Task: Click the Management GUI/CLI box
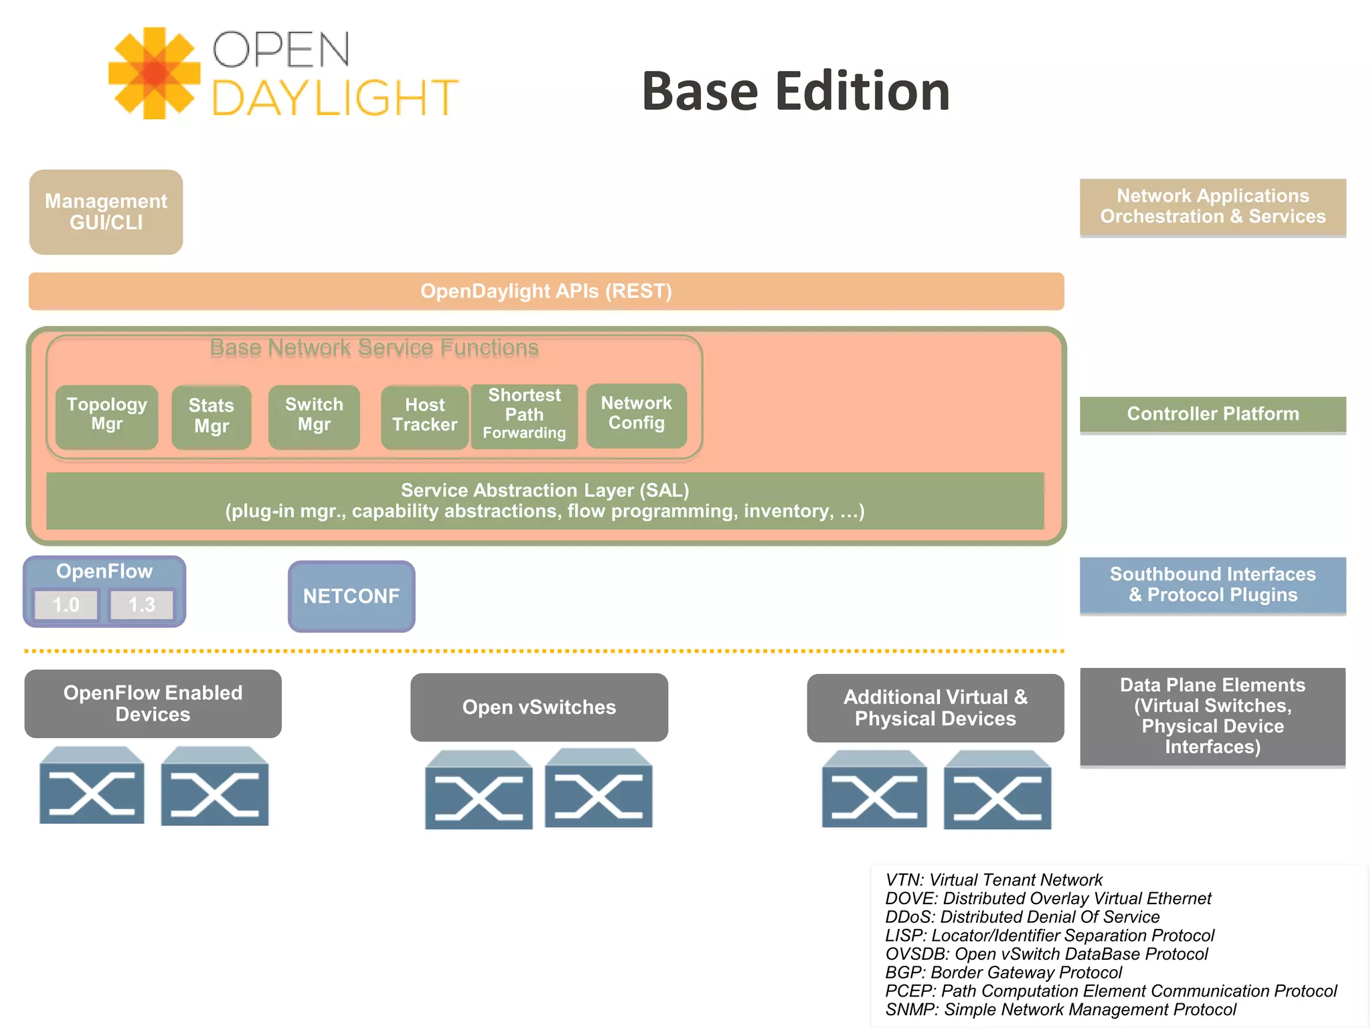106,211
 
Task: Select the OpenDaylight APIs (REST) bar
546,291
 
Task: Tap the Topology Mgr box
106,416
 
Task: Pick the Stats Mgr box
211,416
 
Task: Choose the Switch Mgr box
314,416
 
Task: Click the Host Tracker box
424,416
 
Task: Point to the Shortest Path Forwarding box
524,415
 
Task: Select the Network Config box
636,414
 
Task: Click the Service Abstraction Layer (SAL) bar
545,501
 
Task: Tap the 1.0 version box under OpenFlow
66,605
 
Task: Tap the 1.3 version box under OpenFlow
141,605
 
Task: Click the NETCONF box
351,596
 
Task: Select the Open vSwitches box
539,707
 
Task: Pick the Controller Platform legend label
1212,414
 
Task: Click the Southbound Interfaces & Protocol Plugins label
1212,585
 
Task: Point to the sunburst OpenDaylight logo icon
155,74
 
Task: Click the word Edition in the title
862,92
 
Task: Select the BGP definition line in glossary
1003,972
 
